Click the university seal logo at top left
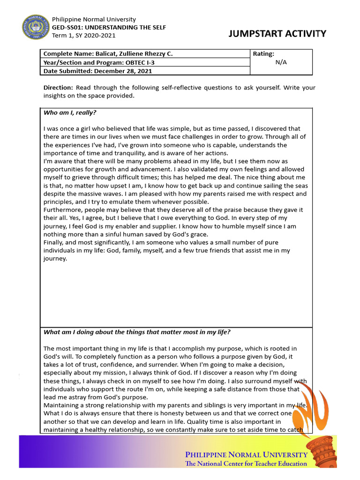(35, 28)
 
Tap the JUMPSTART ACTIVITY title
(277, 34)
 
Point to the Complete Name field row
(108, 54)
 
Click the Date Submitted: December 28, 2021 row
(97, 71)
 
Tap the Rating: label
(263, 54)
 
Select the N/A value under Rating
(281, 62)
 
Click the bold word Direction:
(58, 88)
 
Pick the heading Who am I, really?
(70, 112)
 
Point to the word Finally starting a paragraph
(54, 242)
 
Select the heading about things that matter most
(137, 332)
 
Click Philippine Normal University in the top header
(94, 19)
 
